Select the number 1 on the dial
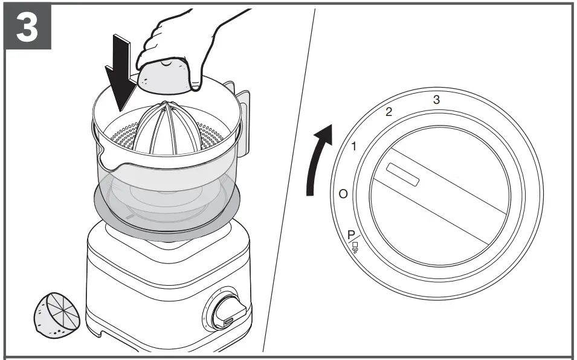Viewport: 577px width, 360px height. click(355, 146)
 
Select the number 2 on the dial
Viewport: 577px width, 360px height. click(388, 112)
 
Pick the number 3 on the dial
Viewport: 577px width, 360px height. click(436, 99)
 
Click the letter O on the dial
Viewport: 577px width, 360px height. click(343, 194)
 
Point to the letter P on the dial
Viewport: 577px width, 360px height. click(351, 234)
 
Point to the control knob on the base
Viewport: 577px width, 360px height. click(229, 313)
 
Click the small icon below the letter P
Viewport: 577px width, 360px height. click(355, 247)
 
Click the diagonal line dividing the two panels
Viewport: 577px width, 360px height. click(290, 181)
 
